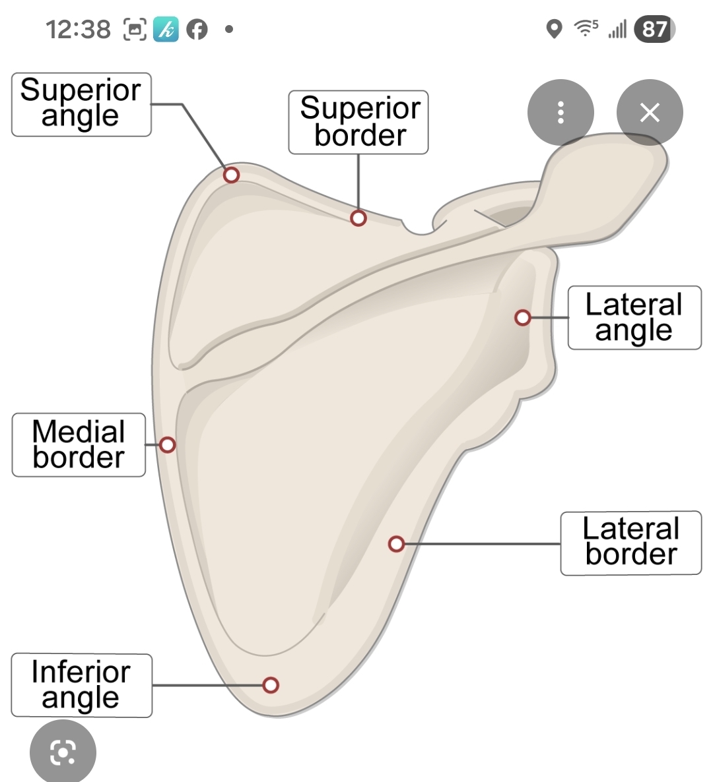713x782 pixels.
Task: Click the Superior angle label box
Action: pos(81,104)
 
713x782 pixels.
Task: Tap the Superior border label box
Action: pos(358,123)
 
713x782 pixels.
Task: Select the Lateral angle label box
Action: pos(634,318)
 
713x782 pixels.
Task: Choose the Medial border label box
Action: pos(79,445)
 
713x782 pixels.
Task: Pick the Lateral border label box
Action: pos(631,543)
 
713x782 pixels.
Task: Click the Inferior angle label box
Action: pos(81,686)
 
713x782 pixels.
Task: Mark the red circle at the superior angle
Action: pos(231,175)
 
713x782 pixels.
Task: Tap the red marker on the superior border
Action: pos(358,218)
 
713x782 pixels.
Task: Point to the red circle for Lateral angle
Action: pos(523,318)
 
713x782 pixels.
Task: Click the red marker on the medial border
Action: pos(168,445)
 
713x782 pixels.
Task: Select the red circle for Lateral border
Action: pos(396,544)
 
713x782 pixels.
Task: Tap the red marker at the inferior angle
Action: pos(271,685)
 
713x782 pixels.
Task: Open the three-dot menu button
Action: pos(560,113)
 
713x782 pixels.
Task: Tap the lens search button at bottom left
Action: pos(63,752)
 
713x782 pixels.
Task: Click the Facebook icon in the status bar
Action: pos(197,29)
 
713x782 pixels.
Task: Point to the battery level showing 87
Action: pos(654,29)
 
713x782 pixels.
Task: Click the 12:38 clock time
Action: pos(78,30)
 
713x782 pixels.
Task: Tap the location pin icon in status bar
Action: pos(555,29)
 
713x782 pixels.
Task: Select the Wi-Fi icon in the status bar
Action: pos(585,28)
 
